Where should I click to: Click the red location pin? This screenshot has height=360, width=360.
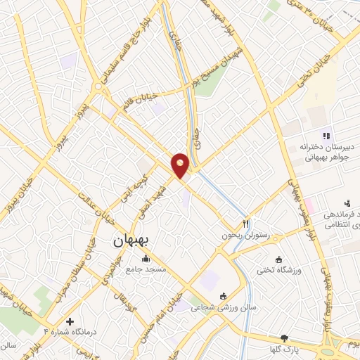pyautogui.click(x=181, y=165)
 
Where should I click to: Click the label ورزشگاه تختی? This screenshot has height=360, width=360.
pyautogui.click(x=280, y=270)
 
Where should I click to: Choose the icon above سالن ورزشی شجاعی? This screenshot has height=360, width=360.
pyautogui.click(x=223, y=295)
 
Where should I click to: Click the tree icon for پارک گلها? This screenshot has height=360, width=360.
pyautogui.click(x=284, y=337)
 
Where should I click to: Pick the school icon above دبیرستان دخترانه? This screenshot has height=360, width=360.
pyautogui.click(x=325, y=135)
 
